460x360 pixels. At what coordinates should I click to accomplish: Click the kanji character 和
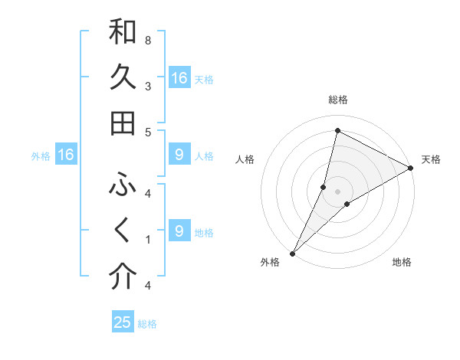click(123, 32)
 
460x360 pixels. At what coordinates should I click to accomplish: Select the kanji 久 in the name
click(123, 78)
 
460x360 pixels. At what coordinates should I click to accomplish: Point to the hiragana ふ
click(123, 185)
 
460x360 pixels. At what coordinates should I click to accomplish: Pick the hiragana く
click(123, 231)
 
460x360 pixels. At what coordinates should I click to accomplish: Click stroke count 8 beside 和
click(148, 40)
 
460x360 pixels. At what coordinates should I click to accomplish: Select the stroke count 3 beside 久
click(148, 86)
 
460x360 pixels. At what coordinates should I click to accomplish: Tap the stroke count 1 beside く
click(148, 240)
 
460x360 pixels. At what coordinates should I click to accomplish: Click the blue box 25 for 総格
click(123, 322)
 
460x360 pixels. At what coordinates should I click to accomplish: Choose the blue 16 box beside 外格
click(66, 155)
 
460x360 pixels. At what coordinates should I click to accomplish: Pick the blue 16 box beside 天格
click(179, 78)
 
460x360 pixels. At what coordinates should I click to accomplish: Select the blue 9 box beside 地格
click(179, 231)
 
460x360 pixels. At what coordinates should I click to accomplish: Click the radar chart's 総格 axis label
click(337, 100)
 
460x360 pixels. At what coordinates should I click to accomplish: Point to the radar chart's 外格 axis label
click(270, 262)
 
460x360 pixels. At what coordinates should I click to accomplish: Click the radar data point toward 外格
click(292, 254)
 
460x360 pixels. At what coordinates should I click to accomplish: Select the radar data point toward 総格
click(337, 130)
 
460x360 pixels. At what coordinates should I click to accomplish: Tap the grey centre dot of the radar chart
click(337, 191)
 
